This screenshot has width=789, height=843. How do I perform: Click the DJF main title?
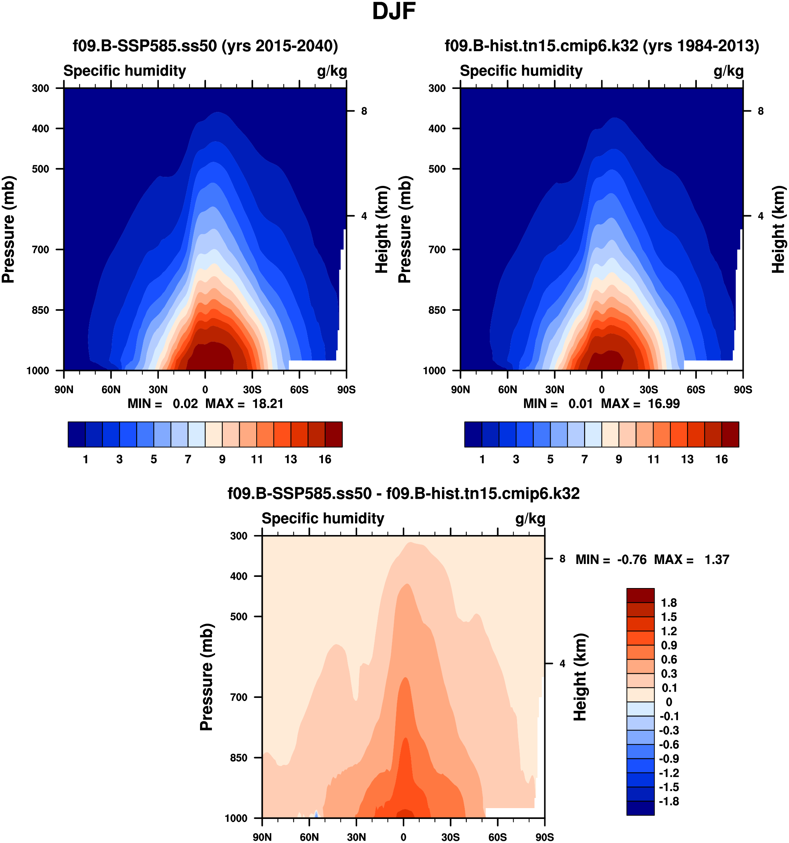pos(393,12)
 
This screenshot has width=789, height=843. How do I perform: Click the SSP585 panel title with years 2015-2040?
pos(205,46)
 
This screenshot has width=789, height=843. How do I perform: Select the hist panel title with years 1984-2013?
pos(602,46)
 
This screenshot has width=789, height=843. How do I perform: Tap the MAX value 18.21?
pos(268,403)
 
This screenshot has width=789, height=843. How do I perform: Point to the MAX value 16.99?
pos(664,403)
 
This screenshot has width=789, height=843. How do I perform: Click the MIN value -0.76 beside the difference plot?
pos(632,560)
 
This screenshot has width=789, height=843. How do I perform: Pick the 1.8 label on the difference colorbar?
pos(669,603)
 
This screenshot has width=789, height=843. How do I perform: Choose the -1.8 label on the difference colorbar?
pos(669,801)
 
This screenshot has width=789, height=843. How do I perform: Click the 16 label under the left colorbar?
pos(325,459)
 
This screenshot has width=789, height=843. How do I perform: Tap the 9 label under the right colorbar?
pos(619,459)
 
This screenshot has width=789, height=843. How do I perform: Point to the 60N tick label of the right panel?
pos(508,390)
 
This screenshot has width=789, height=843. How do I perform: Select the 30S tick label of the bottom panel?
pos(450,837)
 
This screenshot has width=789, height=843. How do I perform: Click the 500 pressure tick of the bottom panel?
pos(238,617)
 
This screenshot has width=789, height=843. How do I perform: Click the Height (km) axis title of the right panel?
pos(779,229)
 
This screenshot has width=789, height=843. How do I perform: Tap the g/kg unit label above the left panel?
pos(332,71)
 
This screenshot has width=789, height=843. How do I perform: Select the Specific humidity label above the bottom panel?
pos(323,519)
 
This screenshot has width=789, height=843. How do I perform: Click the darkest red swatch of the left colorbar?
pos(334,434)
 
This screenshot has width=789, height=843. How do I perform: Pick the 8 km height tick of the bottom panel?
pos(562,559)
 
